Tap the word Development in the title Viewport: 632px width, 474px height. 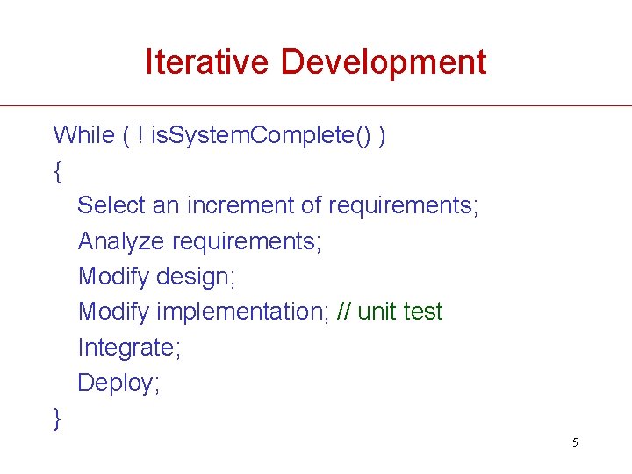pyautogui.click(x=384, y=62)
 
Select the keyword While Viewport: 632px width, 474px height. pyautogui.click(x=84, y=134)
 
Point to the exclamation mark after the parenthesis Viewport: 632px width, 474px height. pyautogui.click(x=141, y=134)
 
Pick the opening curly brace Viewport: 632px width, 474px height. pyautogui.click(x=58, y=170)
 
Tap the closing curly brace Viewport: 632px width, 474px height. pyautogui.click(x=58, y=419)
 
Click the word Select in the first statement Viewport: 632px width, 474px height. pyautogui.click(x=111, y=205)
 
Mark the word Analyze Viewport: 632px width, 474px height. pyautogui.click(x=121, y=241)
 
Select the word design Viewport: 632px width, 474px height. pyautogui.click(x=196, y=276)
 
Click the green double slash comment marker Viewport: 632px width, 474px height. pyautogui.click(x=345, y=312)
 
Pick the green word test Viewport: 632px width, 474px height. pyautogui.click(x=424, y=312)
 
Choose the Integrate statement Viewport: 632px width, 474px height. pyautogui.click(x=129, y=348)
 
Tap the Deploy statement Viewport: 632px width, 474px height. pyautogui.click(x=118, y=383)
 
